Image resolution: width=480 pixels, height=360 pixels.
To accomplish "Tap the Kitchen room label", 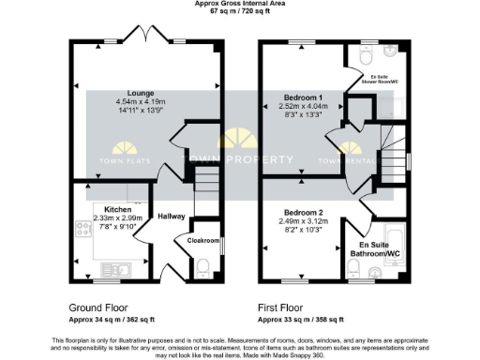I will click(118, 209).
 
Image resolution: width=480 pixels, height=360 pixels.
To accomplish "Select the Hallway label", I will click(172, 217).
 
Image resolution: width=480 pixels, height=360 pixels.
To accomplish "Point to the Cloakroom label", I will click(202, 240).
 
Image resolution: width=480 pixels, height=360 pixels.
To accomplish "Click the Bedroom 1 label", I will click(305, 97).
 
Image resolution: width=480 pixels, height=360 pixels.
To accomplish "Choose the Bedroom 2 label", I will click(305, 212).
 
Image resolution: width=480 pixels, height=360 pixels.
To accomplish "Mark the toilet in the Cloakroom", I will click(203, 268).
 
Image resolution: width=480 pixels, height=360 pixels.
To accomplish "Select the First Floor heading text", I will click(284, 307).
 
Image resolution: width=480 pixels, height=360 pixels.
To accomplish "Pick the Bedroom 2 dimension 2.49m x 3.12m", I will click(305, 220).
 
